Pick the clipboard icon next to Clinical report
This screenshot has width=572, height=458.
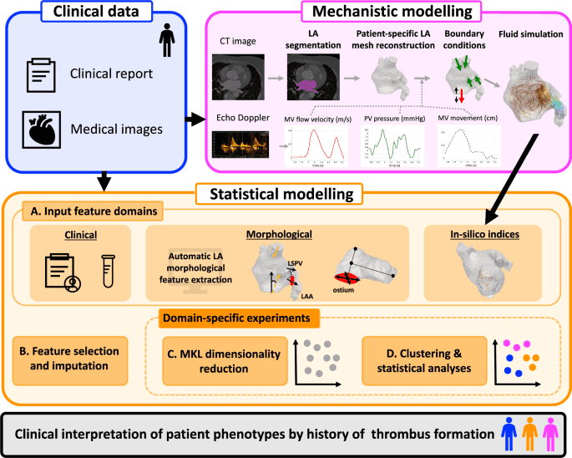click(x=39, y=74)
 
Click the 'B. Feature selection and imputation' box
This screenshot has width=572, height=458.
click(x=71, y=355)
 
